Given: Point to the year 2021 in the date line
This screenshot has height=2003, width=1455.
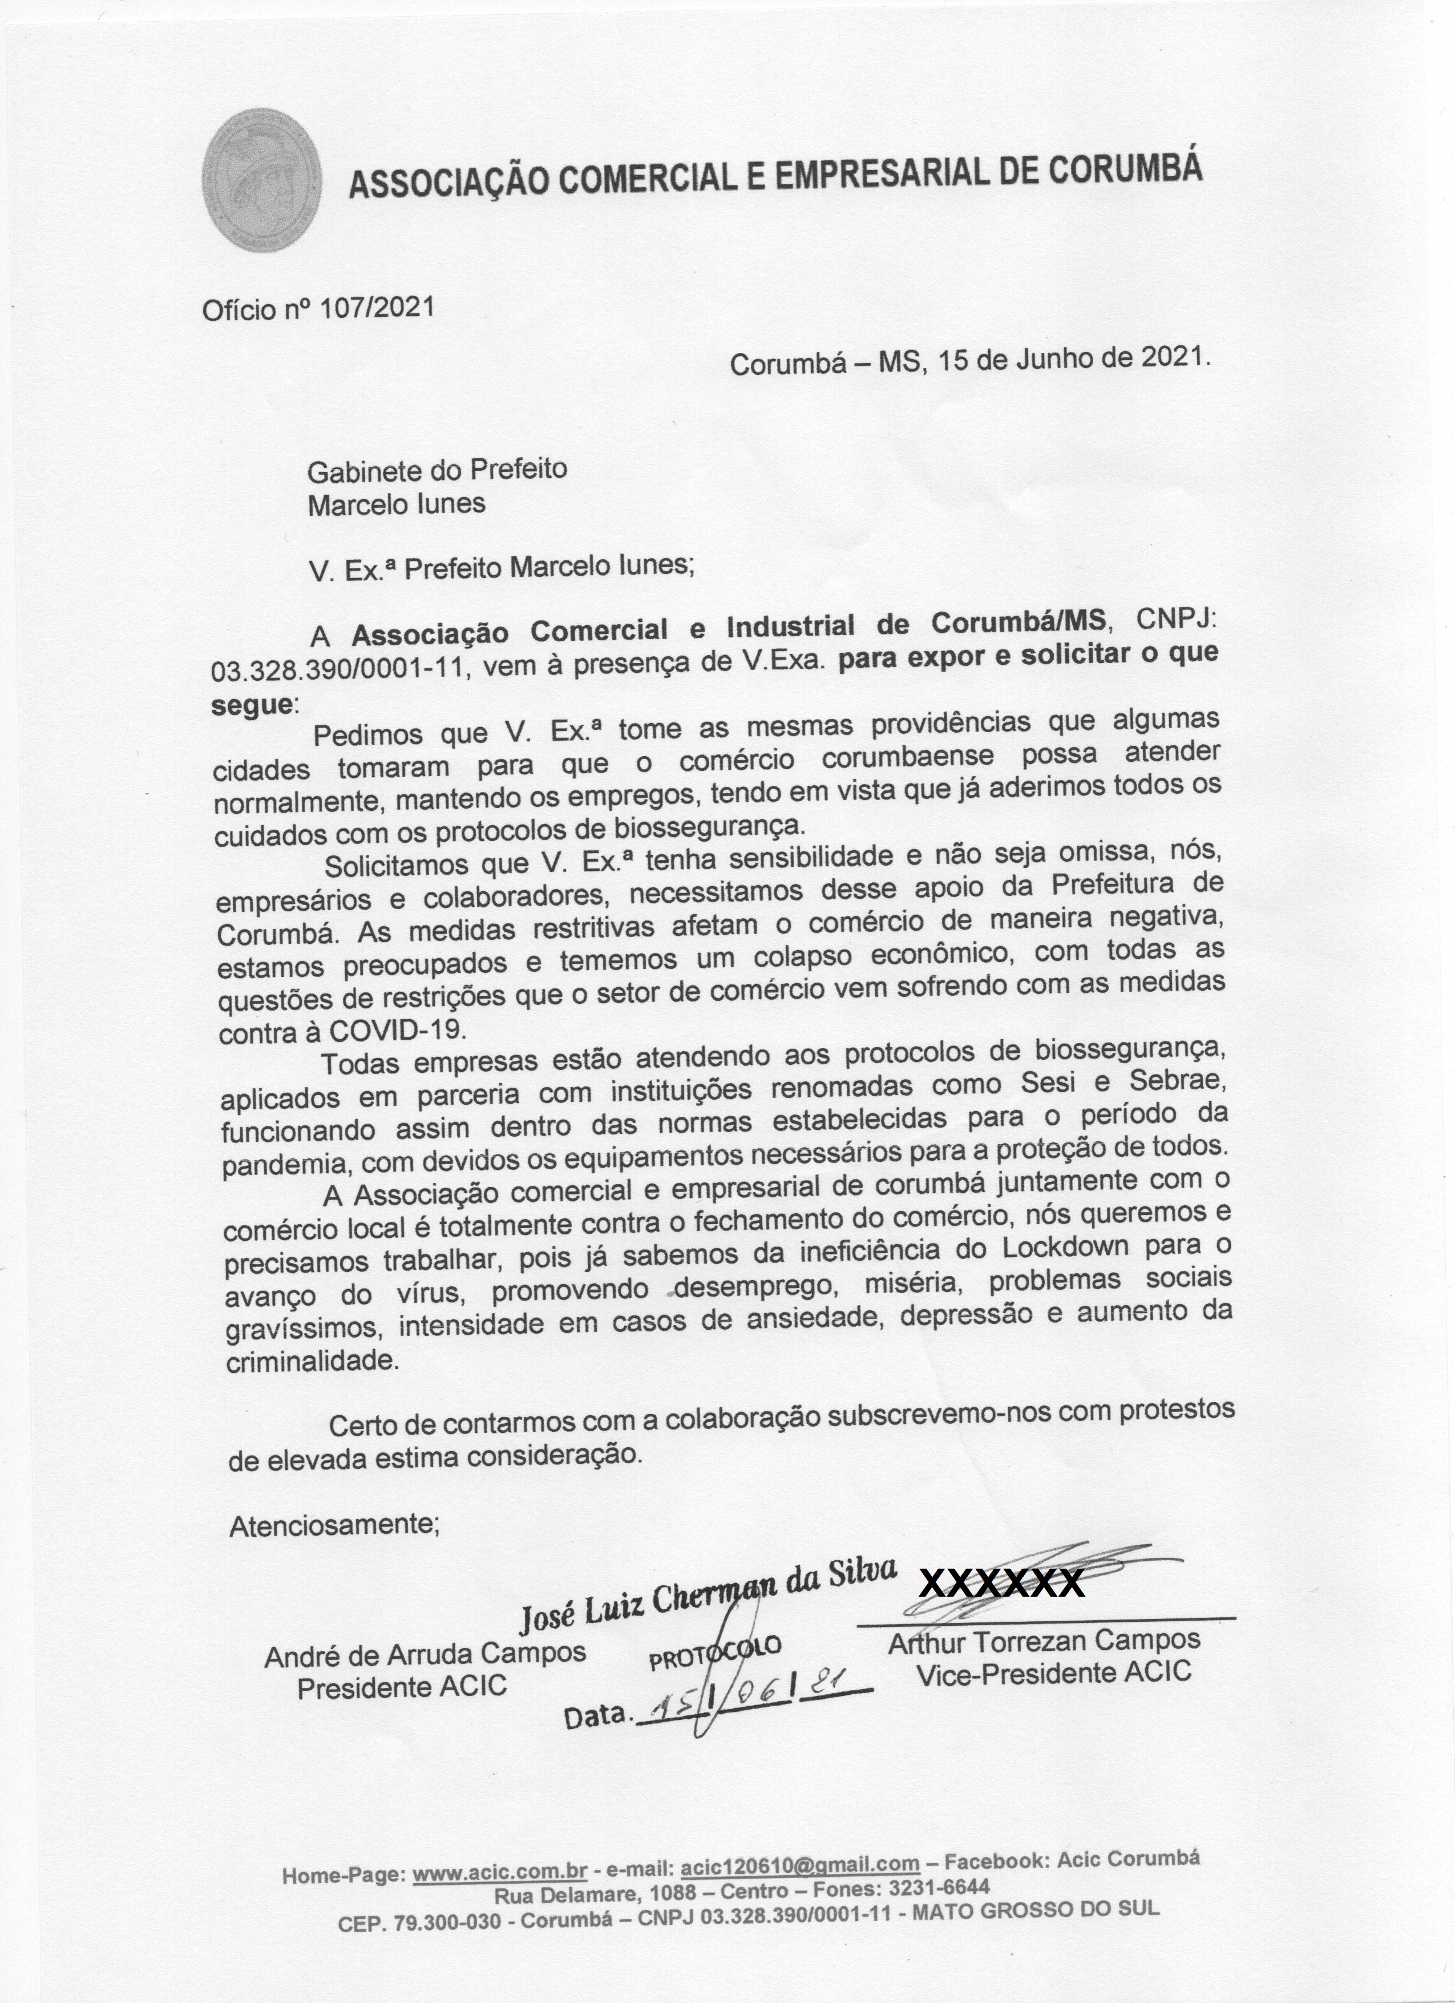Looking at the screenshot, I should pyautogui.click(x=1173, y=356).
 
